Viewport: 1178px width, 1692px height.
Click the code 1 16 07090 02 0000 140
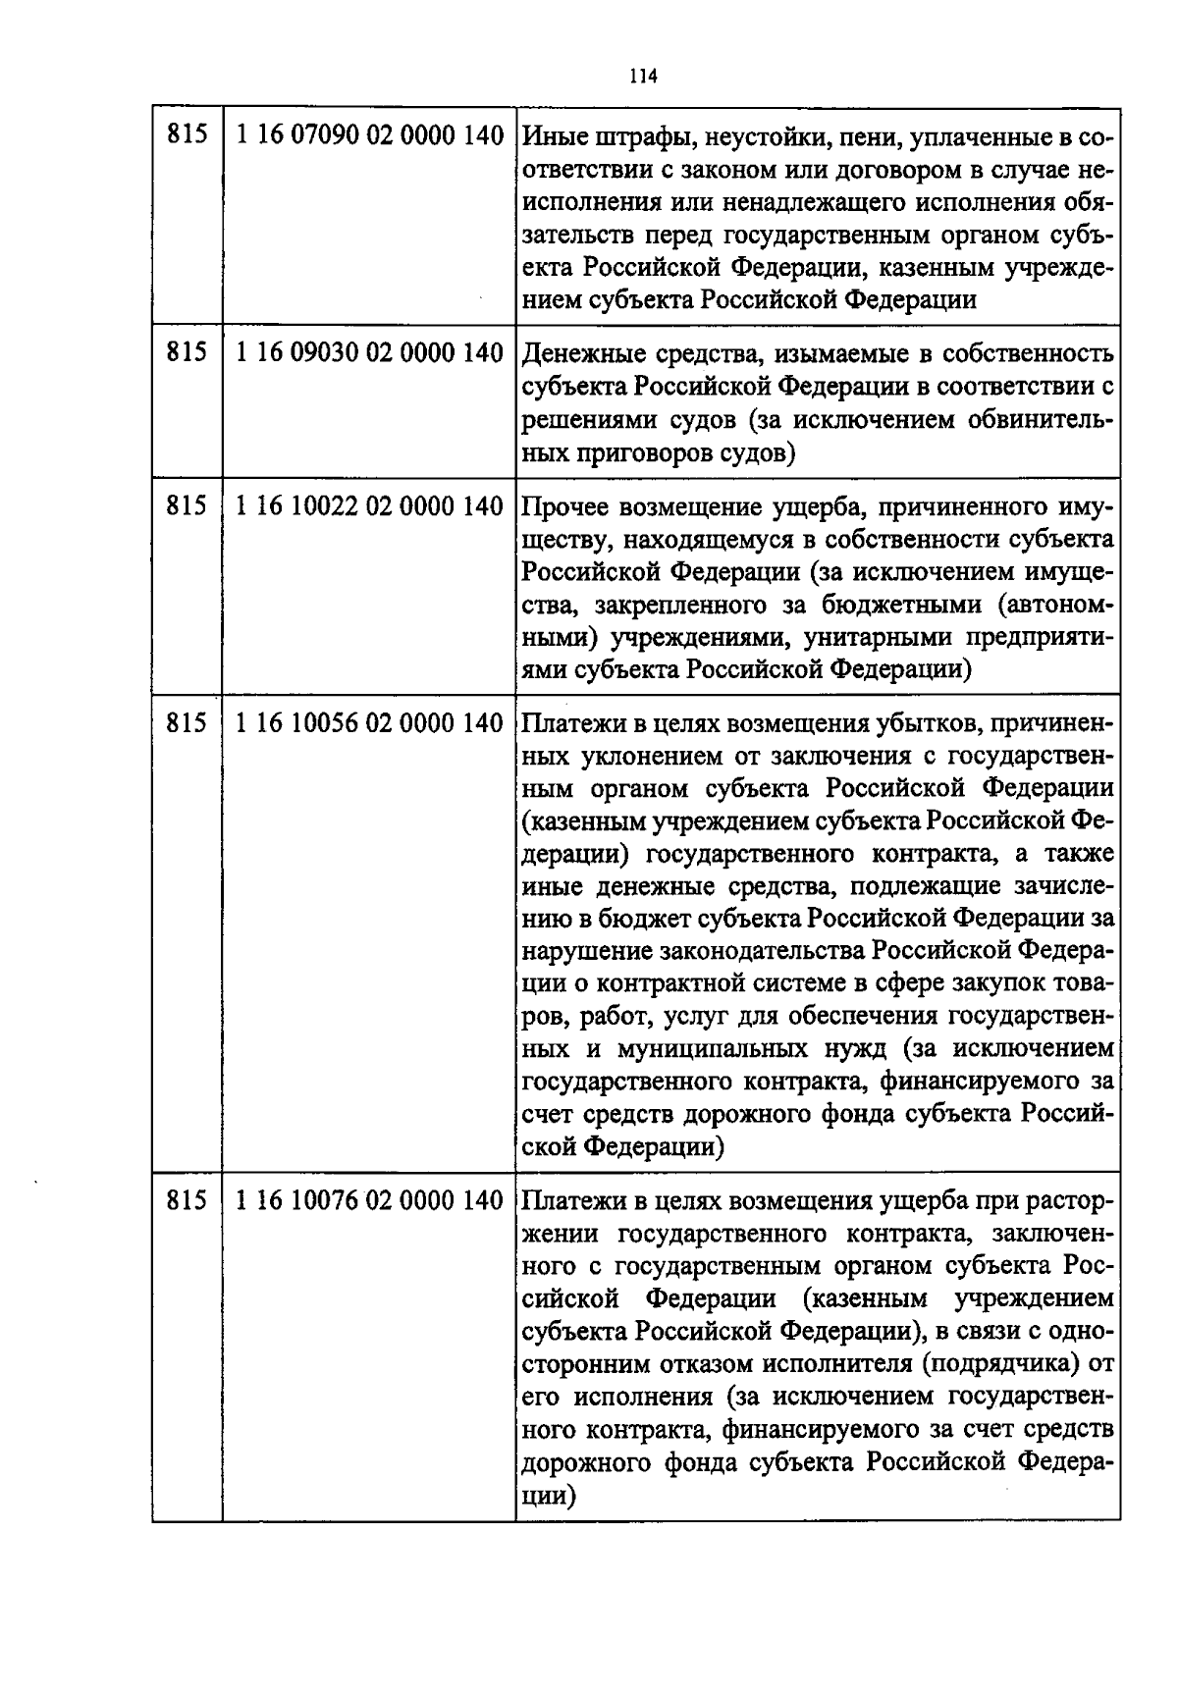coord(370,135)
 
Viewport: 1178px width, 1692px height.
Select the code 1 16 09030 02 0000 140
coord(370,352)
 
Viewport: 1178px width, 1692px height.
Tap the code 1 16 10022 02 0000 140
coord(370,506)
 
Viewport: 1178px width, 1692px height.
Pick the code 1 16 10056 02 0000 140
coord(370,723)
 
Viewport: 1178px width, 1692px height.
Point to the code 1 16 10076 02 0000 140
coord(370,1200)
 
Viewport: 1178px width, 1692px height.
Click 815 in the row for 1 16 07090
coord(187,135)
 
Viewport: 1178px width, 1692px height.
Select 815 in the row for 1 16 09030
coord(187,352)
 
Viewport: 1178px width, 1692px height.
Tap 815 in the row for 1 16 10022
coord(187,506)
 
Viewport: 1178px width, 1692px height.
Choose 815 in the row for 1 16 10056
coord(187,723)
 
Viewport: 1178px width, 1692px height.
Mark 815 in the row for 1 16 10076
coord(187,1200)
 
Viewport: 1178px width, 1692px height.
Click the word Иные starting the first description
coord(550,137)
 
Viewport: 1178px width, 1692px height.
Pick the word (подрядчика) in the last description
coord(996,1364)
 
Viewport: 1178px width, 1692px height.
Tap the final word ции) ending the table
coord(547,1497)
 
